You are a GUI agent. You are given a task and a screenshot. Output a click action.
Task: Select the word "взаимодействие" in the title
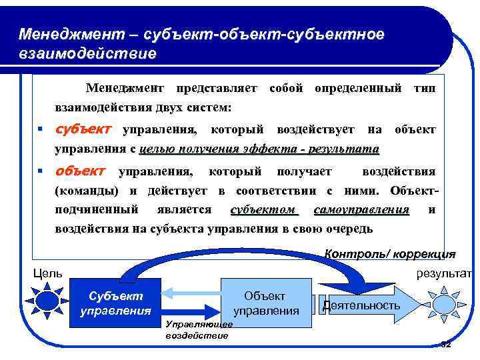click(87, 53)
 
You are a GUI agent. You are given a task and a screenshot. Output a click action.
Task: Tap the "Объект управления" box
click(265, 303)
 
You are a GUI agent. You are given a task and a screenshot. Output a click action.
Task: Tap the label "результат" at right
click(444, 273)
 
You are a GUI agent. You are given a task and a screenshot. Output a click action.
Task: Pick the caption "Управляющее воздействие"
click(197, 329)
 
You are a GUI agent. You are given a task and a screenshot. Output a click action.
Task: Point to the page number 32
click(445, 344)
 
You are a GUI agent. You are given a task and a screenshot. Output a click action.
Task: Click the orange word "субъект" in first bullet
click(84, 127)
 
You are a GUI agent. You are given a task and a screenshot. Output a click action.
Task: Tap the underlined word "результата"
click(346, 149)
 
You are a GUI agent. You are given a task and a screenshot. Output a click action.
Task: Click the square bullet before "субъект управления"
click(41, 129)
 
